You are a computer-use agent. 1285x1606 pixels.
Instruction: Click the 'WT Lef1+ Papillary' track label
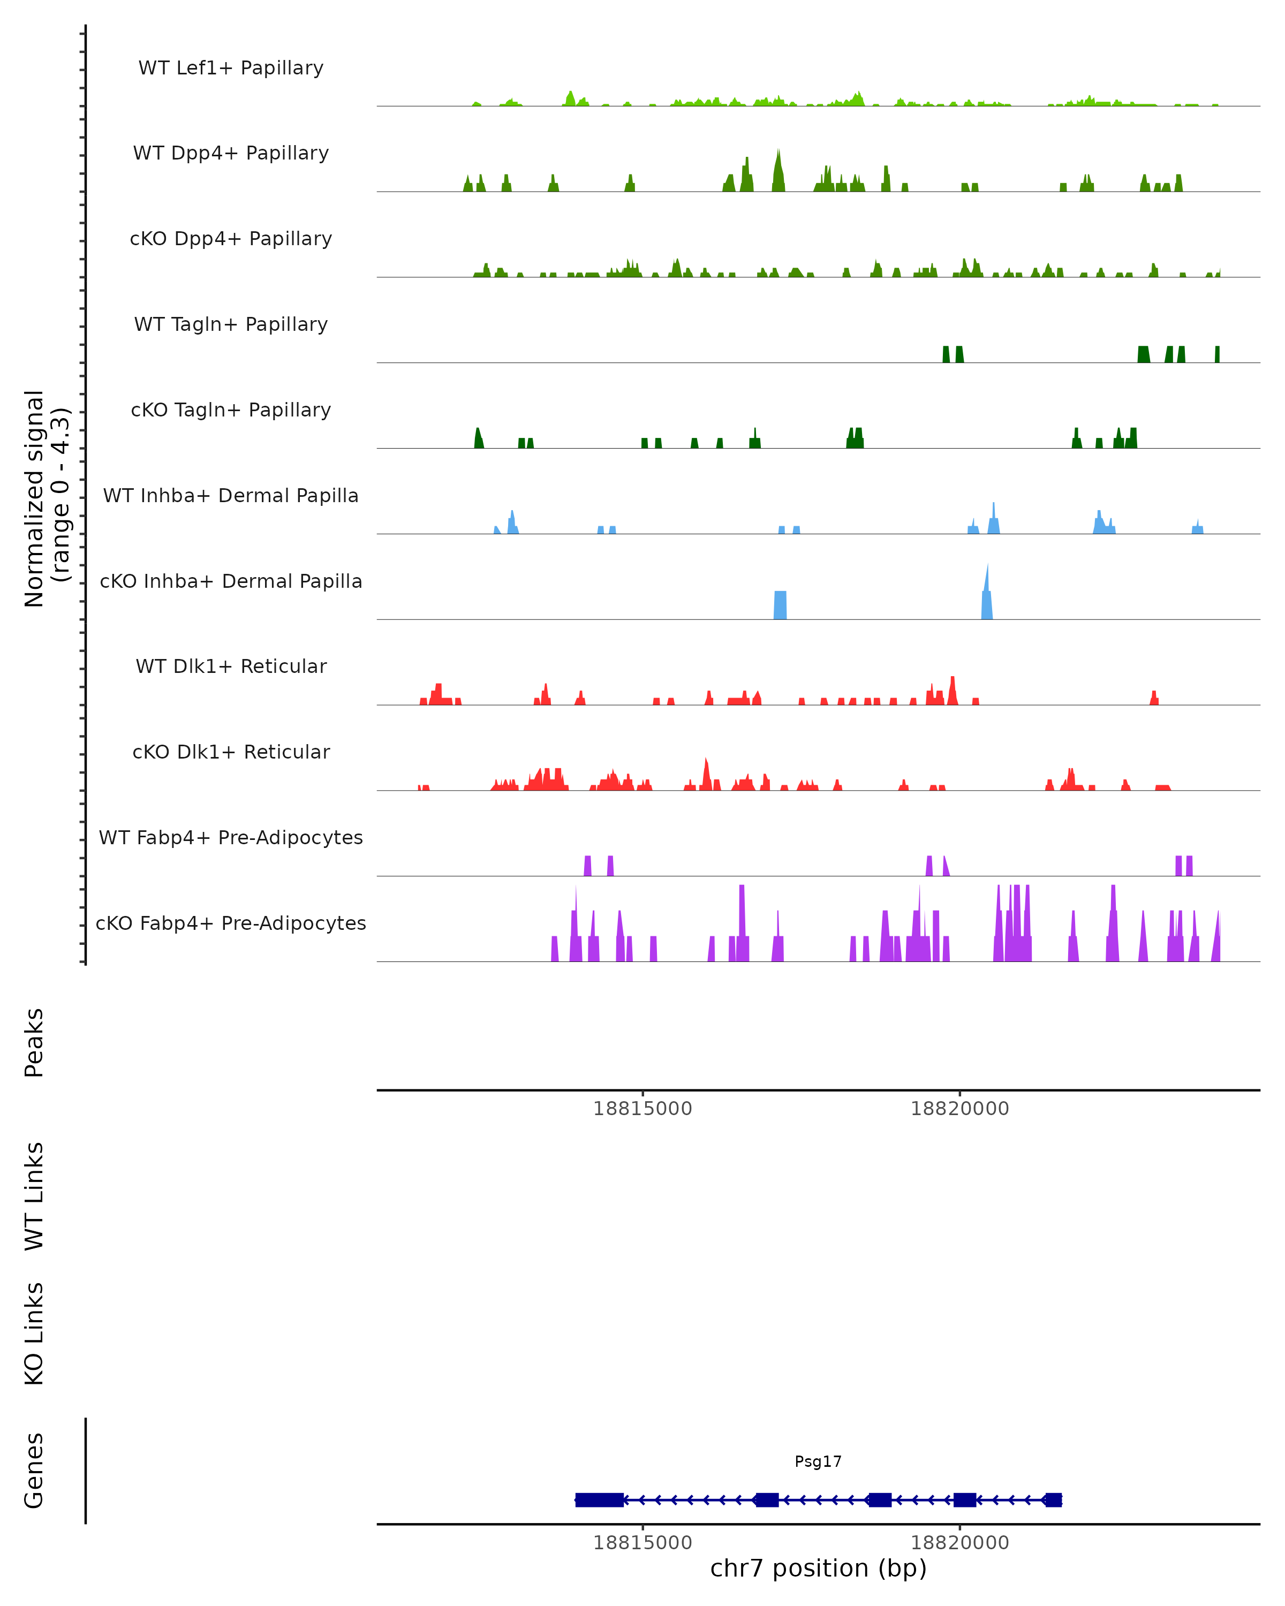231,68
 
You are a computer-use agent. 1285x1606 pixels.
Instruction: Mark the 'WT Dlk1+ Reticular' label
231,666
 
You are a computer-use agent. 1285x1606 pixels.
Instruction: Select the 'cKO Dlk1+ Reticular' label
231,752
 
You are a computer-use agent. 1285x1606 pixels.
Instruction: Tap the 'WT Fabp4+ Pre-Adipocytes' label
231,837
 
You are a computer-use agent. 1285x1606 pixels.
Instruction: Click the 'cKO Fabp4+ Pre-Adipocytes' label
231,923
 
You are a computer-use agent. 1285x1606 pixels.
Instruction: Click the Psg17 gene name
818,1461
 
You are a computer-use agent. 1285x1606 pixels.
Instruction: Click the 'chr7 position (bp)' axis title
818,1568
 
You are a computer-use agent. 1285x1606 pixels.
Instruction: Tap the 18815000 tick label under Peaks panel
642,1109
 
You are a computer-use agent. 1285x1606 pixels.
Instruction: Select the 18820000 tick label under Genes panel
959,1543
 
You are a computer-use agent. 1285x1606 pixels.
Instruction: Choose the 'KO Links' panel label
34,1334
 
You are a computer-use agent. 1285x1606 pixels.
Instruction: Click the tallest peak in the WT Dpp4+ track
778,168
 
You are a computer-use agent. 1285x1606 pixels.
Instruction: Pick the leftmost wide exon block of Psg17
599,1499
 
